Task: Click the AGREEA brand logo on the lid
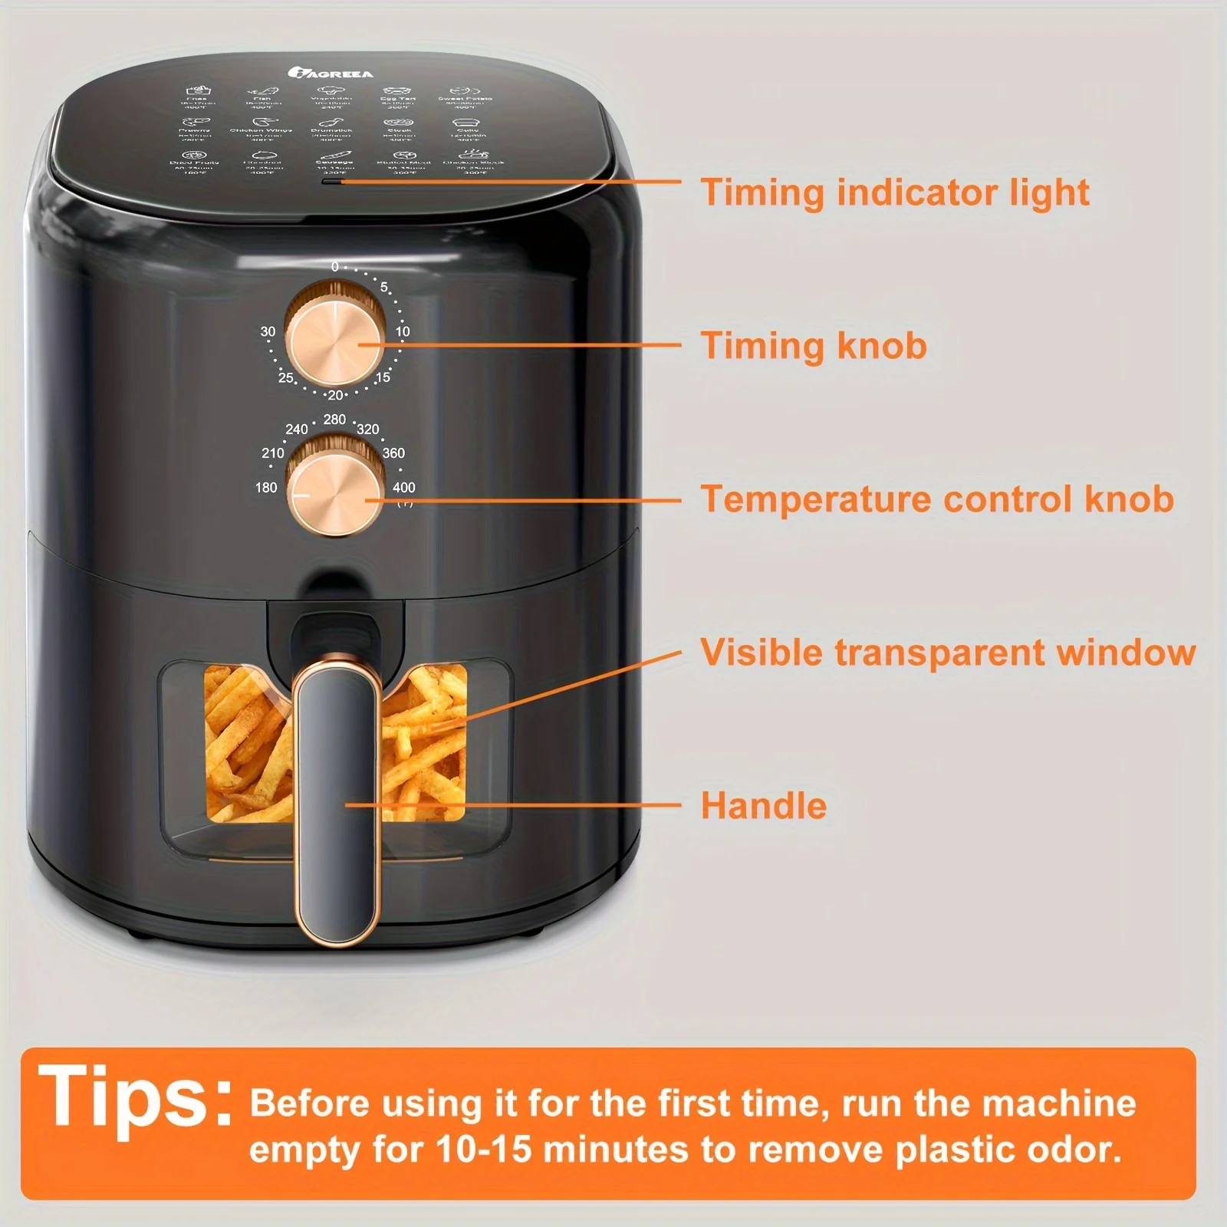click(x=331, y=73)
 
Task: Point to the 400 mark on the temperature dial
click(x=403, y=487)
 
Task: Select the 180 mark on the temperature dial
click(x=266, y=487)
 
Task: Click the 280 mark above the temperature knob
click(x=334, y=419)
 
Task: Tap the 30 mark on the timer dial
click(x=268, y=331)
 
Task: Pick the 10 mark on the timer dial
click(x=403, y=331)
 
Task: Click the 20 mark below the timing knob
click(x=335, y=395)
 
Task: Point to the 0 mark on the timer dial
click(x=335, y=267)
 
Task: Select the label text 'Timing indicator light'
click(x=894, y=192)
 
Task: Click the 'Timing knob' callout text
click(x=814, y=345)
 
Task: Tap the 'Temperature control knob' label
click(x=937, y=498)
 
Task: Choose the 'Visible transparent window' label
click(x=948, y=653)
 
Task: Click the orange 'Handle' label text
click(x=764, y=806)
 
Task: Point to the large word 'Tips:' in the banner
click(x=135, y=1098)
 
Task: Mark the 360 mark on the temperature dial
click(x=393, y=452)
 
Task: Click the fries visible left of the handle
click(x=245, y=744)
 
